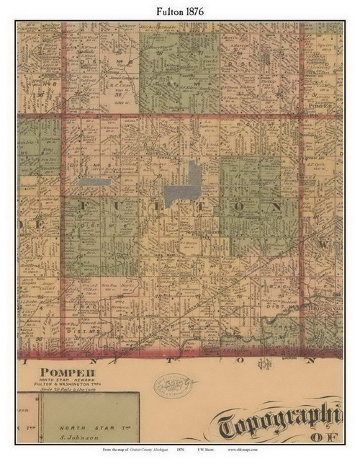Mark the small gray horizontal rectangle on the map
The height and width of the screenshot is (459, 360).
[x=94, y=182]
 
